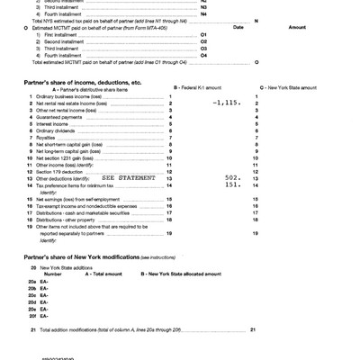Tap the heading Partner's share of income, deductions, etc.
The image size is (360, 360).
pos(81,82)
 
